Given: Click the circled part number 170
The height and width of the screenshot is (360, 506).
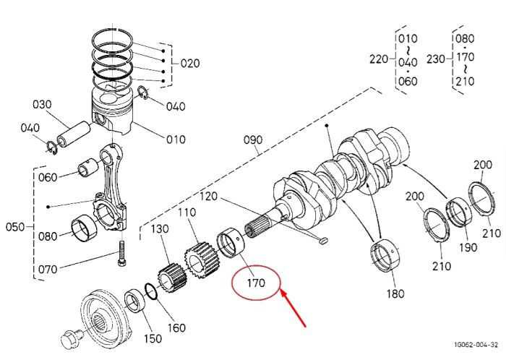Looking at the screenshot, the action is tap(256, 283).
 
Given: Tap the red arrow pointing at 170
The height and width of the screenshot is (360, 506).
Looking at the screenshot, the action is tap(293, 308).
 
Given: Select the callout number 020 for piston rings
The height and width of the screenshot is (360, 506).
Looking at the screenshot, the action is tap(189, 63).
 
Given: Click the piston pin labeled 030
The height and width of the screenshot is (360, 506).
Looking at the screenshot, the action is tap(74, 134).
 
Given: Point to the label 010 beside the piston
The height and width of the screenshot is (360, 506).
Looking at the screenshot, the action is tap(176, 140).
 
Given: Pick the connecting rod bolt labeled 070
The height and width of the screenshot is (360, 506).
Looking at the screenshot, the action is tap(122, 254).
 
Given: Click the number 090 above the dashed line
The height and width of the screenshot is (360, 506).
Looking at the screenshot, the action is tap(253, 140).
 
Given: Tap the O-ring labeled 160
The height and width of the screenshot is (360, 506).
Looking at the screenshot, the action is tap(151, 291).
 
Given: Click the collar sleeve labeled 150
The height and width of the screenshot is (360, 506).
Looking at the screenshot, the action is tap(136, 301).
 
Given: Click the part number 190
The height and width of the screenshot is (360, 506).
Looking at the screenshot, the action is tap(468, 247).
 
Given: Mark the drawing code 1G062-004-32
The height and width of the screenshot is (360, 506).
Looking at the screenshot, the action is tap(476, 345).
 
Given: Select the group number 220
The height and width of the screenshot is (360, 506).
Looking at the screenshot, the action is tap(379, 59).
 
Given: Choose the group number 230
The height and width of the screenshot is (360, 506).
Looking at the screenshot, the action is tap(436, 59).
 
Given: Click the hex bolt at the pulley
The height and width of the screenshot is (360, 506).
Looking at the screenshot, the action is tap(72, 339).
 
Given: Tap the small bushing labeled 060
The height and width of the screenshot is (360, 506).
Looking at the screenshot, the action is tap(88, 167).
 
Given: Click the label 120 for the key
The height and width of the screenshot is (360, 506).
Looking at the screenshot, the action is tap(208, 196).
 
